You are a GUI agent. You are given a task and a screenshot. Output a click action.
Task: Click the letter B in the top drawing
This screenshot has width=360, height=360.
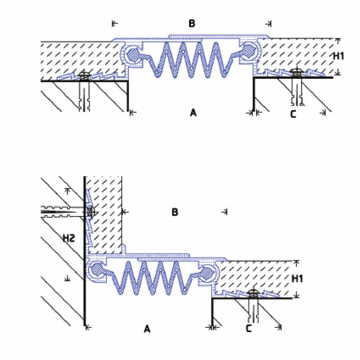point(192,24)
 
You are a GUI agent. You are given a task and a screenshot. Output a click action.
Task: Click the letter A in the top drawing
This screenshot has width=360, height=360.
point(193,112)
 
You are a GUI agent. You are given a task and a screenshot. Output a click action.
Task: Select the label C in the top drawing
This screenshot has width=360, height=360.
point(293,114)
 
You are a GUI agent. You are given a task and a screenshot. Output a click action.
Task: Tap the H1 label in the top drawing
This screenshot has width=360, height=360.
point(338,56)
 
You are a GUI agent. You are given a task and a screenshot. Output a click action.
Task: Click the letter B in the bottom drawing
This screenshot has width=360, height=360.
point(175,212)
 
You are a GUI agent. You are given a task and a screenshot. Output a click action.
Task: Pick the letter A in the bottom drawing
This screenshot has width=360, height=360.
point(147,329)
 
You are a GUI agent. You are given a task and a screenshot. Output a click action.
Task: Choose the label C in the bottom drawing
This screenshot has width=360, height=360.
point(248,329)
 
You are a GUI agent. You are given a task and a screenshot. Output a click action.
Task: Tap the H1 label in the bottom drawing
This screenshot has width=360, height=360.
point(297,279)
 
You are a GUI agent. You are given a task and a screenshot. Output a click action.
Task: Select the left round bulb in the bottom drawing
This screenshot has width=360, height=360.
point(96,270)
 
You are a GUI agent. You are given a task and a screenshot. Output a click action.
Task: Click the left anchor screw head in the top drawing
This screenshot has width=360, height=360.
point(84,75)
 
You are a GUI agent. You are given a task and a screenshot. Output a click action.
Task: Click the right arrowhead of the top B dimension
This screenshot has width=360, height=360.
point(269,23)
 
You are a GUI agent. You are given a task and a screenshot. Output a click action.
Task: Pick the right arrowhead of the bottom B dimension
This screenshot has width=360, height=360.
point(226,211)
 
